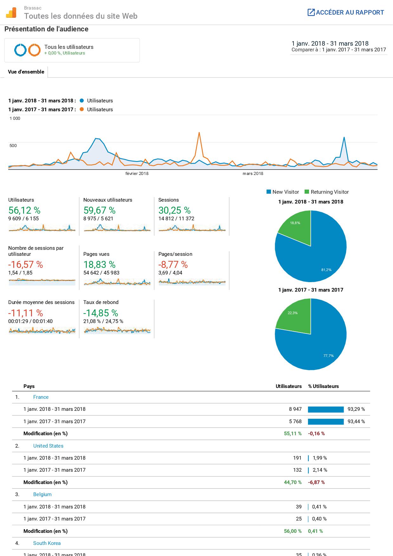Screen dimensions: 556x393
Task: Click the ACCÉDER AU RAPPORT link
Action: click(346, 13)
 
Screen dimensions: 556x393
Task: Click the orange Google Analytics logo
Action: click(11, 13)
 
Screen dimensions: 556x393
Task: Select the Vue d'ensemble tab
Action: click(26, 72)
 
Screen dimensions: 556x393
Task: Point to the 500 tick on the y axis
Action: click(13, 145)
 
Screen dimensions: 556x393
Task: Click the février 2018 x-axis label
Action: click(137, 173)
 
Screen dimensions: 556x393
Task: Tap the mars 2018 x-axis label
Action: click(253, 173)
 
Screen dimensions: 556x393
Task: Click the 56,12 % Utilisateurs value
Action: click(24, 210)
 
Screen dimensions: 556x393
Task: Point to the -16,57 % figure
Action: click(26, 265)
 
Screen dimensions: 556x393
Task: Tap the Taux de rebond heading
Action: click(101, 302)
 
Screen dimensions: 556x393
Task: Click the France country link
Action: click(41, 397)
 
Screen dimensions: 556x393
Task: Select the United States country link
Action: click(48, 446)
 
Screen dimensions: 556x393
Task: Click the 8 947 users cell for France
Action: click(295, 409)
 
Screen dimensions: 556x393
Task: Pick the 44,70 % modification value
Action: click(293, 482)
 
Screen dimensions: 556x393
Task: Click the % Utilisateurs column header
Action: click(323, 386)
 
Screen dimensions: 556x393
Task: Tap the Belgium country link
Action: click(42, 495)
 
